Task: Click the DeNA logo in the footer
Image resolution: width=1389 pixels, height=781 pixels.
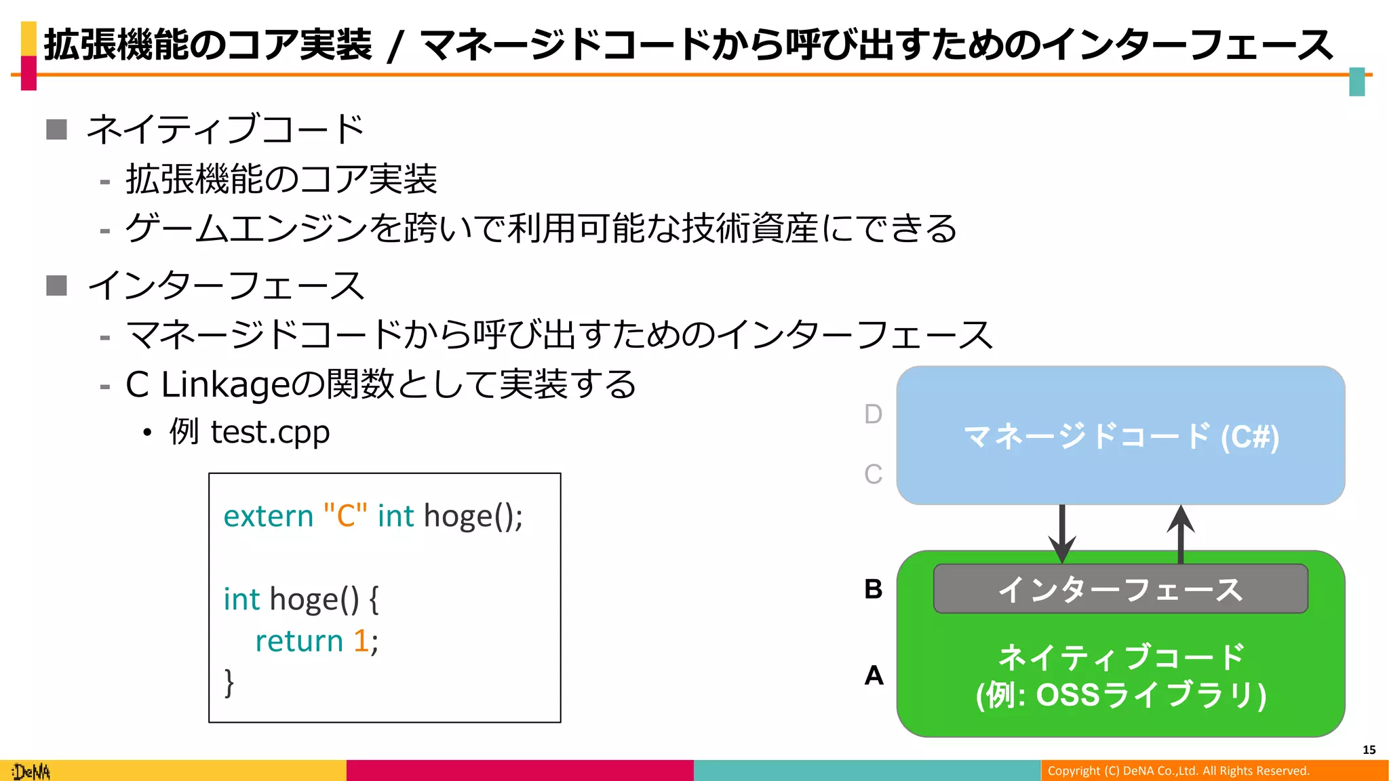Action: click(31, 772)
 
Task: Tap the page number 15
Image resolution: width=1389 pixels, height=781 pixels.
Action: click(1369, 750)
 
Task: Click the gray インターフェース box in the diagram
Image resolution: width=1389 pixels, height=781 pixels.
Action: click(1120, 589)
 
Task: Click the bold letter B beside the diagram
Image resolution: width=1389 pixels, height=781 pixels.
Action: click(874, 589)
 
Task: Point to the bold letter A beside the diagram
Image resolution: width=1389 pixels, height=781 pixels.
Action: click(874, 675)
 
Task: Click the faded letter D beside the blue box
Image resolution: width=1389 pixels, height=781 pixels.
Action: click(874, 414)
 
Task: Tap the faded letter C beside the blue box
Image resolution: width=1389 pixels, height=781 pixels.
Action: click(874, 475)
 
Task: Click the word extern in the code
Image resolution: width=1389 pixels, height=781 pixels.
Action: click(269, 517)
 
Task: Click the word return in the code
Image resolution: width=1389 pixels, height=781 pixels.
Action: click(299, 641)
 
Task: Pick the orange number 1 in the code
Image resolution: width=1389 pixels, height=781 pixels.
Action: click(361, 641)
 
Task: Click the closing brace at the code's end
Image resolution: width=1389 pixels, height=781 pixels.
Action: click(229, 683)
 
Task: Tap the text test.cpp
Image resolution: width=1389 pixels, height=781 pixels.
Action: click(270, 433)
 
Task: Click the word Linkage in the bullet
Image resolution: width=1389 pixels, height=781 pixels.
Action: click(224, 385)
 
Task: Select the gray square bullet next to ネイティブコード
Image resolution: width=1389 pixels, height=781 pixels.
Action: click(57, 129)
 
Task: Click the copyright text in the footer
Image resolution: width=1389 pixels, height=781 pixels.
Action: click(1178, 771)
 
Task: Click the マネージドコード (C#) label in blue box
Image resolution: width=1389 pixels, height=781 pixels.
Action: click(1120, 436)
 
